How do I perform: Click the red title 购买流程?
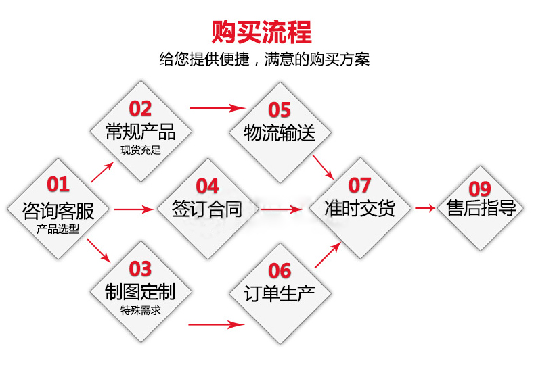(x=261, y=32)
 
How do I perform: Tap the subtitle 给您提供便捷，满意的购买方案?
(x=264, y=59)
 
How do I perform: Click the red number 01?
(x=58, y=184)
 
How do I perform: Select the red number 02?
(x=140, y=109)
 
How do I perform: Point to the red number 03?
(x=140, y=269)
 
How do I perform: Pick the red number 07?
(x=359, y=185)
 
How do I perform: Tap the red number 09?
(x=480, y=189)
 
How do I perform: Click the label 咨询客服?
(x=58, y=211)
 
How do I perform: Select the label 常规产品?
(x=140, y=132)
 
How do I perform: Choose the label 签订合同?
(x=207, y=209)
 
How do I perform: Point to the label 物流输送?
(x=280, y=132)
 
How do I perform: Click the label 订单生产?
(x=280, y=293)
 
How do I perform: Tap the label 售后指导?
(x=482, y=207)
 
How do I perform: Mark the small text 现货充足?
(x=140, y=150)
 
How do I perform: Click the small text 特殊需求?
(x=140, y=310)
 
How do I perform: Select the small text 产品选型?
(x=58, y=229)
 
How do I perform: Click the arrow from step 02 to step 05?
(x=218, y=108)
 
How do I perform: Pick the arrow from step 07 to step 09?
(x=425, y=207)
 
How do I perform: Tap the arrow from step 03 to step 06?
(x=217, y=324)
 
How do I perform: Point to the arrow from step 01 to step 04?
(x=134, y=209)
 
